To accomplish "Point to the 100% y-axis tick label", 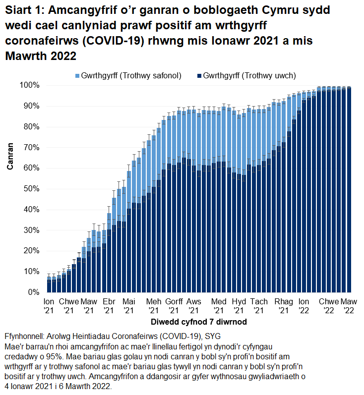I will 29,85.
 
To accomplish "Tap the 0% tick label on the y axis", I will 33,292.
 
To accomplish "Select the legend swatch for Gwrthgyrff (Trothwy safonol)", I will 77,76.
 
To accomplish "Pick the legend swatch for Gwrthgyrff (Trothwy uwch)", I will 199,76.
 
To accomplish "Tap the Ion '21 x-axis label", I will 49,306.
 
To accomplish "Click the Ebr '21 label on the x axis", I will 109,306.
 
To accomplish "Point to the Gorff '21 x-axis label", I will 174,306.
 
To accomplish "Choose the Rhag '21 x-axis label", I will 284,306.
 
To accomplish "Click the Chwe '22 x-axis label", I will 329,306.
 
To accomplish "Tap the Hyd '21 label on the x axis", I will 239,306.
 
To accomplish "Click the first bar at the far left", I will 49,285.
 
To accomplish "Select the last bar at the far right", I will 349,191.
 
